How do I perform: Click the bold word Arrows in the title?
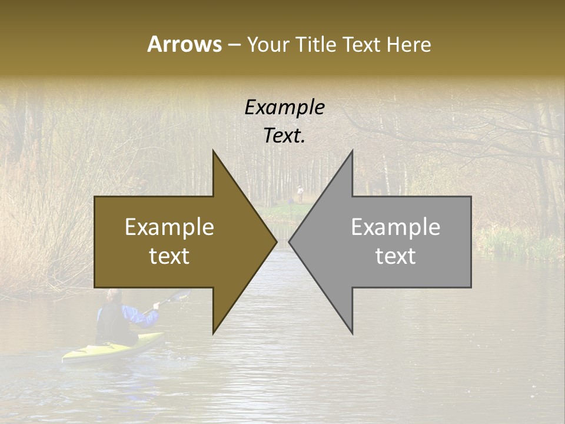click(184, 44)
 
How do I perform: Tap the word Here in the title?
click(408, 44)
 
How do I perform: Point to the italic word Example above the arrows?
click(284, 108)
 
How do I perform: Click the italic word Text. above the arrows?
click(284, 135)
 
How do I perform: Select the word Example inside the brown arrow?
click(169, 227)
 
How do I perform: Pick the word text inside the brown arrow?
click(169, 256)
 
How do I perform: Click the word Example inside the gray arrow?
click(395, 227)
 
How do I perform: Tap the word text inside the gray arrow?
click(395, 256)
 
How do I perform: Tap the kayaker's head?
click(114, 296)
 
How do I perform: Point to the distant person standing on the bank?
click(300, 193)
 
